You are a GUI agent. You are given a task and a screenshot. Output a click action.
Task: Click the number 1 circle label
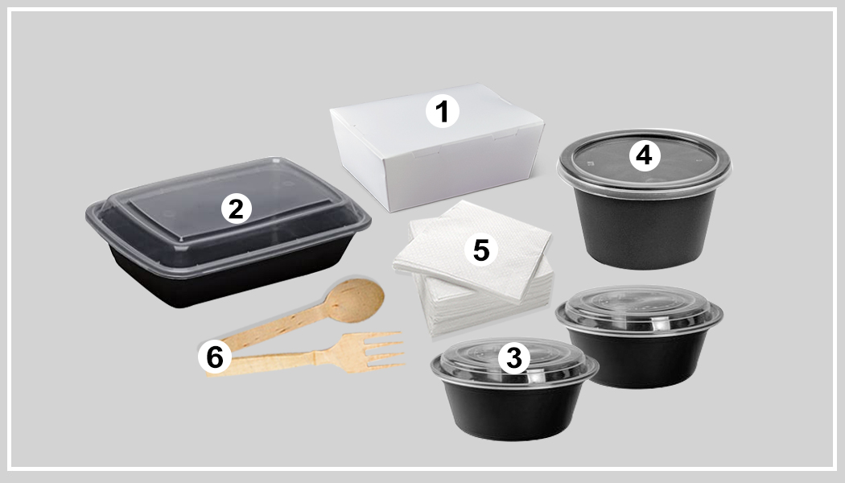[442, 111]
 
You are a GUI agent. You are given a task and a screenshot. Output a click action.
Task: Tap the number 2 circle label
[235, 209]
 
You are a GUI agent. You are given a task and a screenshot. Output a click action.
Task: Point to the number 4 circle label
[643, 155]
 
